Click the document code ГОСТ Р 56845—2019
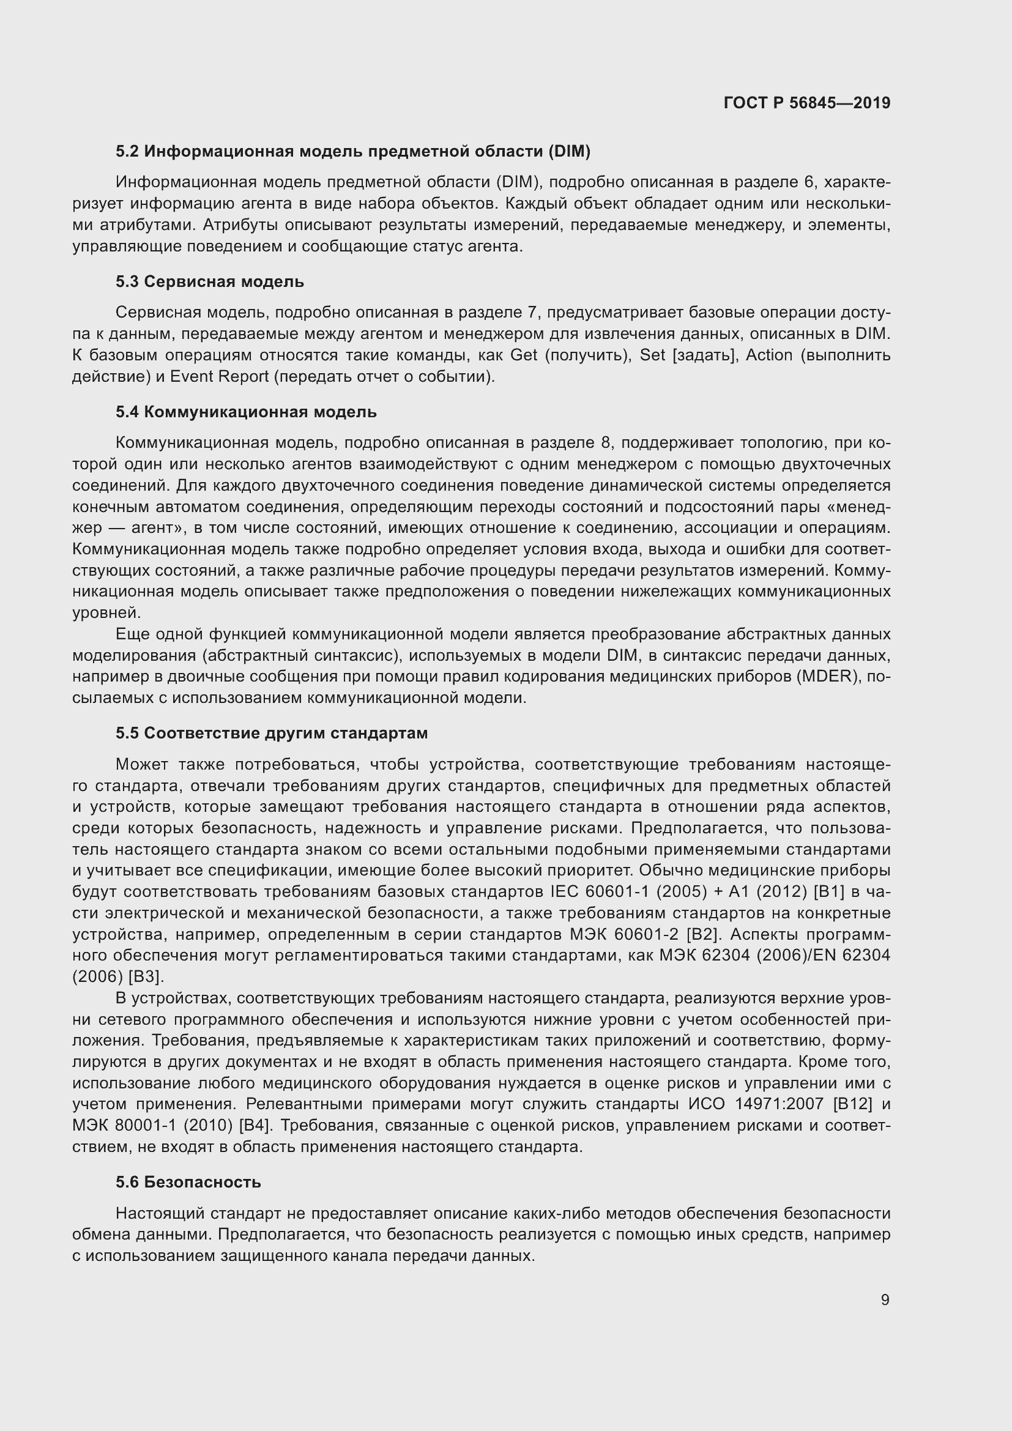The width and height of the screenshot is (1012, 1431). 807,103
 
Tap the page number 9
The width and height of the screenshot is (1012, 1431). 885,1299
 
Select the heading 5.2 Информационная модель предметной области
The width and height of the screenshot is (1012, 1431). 352,151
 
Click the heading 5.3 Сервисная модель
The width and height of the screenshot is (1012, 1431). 209,281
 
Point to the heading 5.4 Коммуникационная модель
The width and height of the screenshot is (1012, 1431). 246,412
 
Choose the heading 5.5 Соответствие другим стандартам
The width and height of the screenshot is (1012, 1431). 272,733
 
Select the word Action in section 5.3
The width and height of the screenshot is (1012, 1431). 769,355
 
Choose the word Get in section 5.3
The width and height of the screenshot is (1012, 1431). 524,355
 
